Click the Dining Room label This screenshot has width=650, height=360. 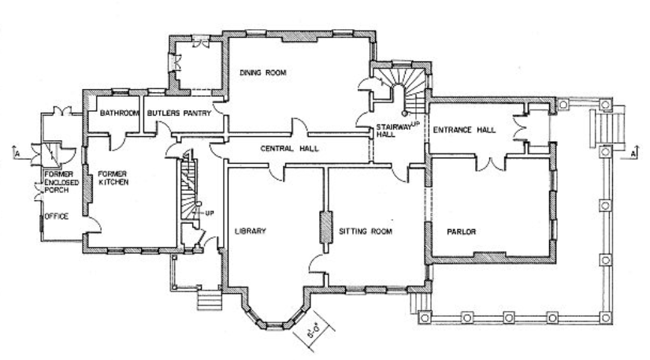(262, 72)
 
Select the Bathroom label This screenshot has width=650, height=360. (119, 113)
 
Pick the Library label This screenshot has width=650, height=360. (252, 232)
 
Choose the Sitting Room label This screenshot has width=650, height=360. (366, 232)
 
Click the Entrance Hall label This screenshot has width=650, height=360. (463, 129)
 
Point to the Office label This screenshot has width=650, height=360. (56, 216)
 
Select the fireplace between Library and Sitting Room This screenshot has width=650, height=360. (323, 228)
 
